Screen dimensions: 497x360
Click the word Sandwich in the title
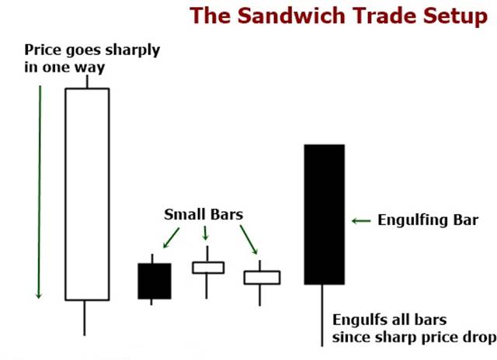[291, 16]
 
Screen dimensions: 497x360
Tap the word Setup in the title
[455, 16]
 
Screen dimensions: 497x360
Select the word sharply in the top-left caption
[133, 50]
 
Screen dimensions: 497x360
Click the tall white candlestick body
[87, 194]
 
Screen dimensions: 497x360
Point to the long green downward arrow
[40, 192]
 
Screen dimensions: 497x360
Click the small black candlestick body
[155, 281]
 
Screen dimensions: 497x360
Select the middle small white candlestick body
[208, 268]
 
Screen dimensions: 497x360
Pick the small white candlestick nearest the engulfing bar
[262, 277]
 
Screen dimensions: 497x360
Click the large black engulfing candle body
[325, 214]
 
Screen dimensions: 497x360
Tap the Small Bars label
[203, 214]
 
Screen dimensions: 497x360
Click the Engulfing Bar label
[428, 220]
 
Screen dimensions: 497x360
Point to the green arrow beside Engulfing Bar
[361, 220]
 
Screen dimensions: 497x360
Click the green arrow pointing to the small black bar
[171, 237]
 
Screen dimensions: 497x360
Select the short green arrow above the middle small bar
[205, 233]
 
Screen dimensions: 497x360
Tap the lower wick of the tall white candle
[85, 318]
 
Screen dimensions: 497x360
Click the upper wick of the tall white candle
[87, 81]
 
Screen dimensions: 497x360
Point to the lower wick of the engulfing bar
[322, 315]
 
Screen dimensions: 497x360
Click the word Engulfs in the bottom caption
[355, 320]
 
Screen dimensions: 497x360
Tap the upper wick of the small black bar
[152, 258]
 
